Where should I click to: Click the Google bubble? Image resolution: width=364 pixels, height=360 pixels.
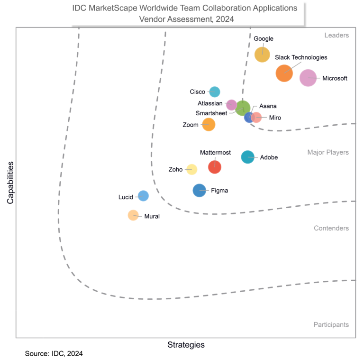[x=262, y=55]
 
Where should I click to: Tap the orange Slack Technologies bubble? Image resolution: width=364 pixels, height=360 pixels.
[x=284, y=73]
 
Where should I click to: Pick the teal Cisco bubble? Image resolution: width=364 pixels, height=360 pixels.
[x=215, y=92]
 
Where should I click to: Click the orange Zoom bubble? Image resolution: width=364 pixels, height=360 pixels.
[x=209, y=124]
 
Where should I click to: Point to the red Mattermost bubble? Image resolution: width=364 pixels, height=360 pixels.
[x=215, y=167]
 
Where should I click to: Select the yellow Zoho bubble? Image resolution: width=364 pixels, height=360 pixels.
[x=191, y=169]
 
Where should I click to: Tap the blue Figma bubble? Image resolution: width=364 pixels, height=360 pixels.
[x=200, y=190]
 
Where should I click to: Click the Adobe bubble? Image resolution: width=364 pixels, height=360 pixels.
[x=248, y=157]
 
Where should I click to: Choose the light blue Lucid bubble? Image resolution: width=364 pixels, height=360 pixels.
[x=143, y=195]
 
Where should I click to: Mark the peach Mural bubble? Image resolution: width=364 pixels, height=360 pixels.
[x=133, y=215]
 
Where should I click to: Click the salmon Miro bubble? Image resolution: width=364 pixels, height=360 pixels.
[x=256, y=117]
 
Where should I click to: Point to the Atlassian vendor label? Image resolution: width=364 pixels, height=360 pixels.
[x=210, y=103]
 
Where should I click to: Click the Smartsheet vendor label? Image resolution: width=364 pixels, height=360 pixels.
[x=211, y=113]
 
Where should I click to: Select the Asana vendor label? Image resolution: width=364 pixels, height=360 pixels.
[x=268, y=106]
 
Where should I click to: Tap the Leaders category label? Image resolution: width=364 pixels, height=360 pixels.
[x=337, y=35]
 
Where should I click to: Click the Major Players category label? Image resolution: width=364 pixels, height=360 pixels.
[x=328, y=152]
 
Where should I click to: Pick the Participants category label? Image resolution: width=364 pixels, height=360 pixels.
[x=331, y=324]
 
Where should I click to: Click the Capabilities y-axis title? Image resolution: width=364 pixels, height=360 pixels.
[x=10, y=183]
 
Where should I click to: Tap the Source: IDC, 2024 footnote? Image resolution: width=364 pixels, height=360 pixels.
[x=54, y=353]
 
